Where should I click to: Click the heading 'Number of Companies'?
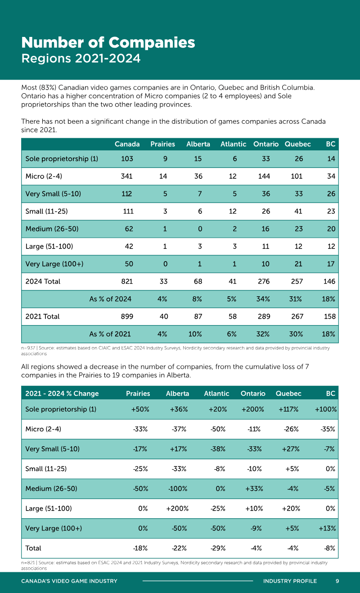pos(108,43)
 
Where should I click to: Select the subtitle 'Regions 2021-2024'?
pos(81,59)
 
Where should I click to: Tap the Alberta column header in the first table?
pos(198,144)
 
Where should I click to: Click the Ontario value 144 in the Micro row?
pos(264,177)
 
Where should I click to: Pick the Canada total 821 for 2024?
pos(127,281)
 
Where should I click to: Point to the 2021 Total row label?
pos(42,317)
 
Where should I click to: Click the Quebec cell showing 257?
pos(297,281)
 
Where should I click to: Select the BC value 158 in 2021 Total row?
pos(329,317)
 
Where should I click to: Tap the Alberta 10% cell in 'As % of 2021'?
pos(195,334)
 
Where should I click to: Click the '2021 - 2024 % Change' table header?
pos(62,394)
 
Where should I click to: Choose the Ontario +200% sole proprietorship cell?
pos(252,409)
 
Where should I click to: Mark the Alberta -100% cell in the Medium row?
pos(178,489)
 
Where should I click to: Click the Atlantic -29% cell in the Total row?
pos(218,548)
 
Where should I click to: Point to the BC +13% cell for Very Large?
pos(327,528)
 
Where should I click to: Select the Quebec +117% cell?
pos(288,409)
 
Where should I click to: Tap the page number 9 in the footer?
pos(337,581)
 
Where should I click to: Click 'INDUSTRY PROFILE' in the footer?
pos(290,581)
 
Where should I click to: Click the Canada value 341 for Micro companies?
pos(127,177)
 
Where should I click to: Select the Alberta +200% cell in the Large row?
pos(177,508)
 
